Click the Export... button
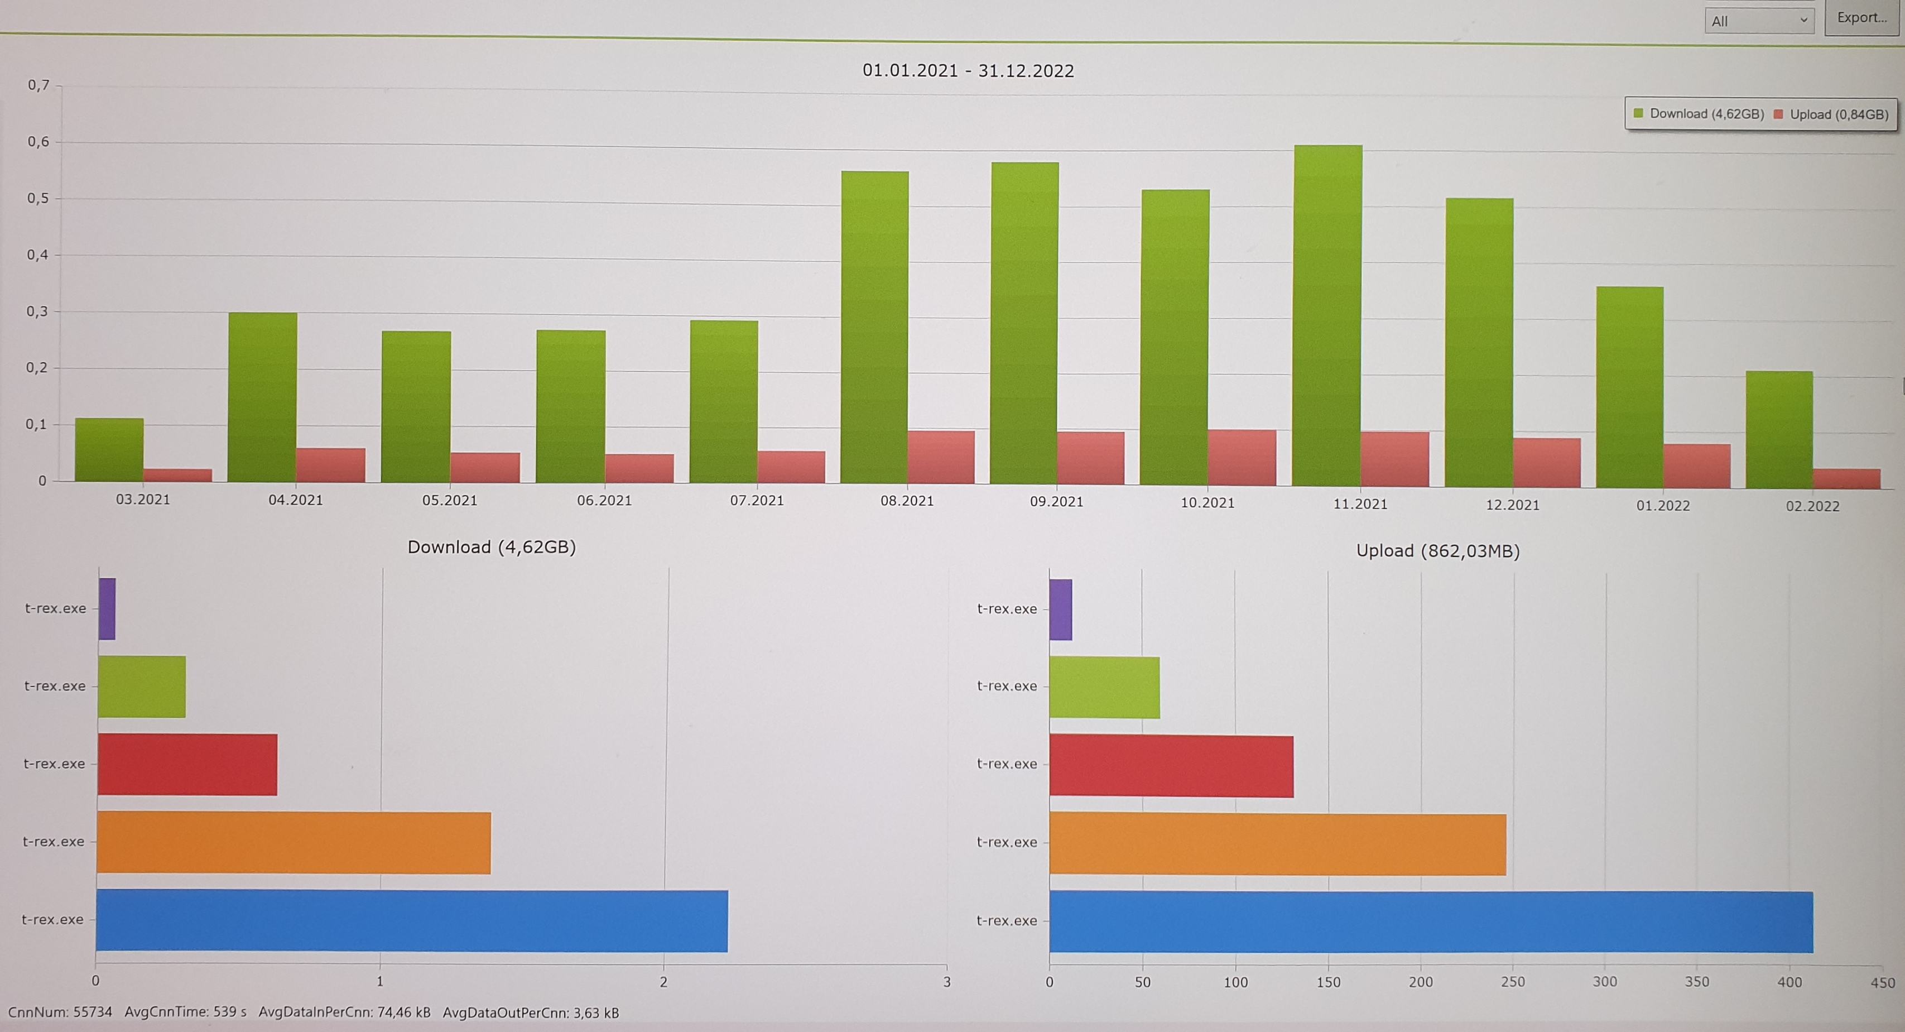point(1861,18)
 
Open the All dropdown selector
point(1759,21)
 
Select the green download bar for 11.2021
point(1327,314)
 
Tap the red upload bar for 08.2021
point(941,457)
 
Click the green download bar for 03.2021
point(109,449)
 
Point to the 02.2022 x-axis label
point(1812,506)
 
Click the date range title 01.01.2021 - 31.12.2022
point(968,71)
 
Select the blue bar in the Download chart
point(411,920)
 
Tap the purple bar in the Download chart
point(107,608)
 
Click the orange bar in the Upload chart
point(1277,843)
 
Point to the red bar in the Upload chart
point(1171,766)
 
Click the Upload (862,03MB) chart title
point(1437,551)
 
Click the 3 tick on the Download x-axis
point(946,982)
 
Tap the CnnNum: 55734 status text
point(60,1012)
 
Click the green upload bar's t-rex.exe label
point(1007,686)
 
